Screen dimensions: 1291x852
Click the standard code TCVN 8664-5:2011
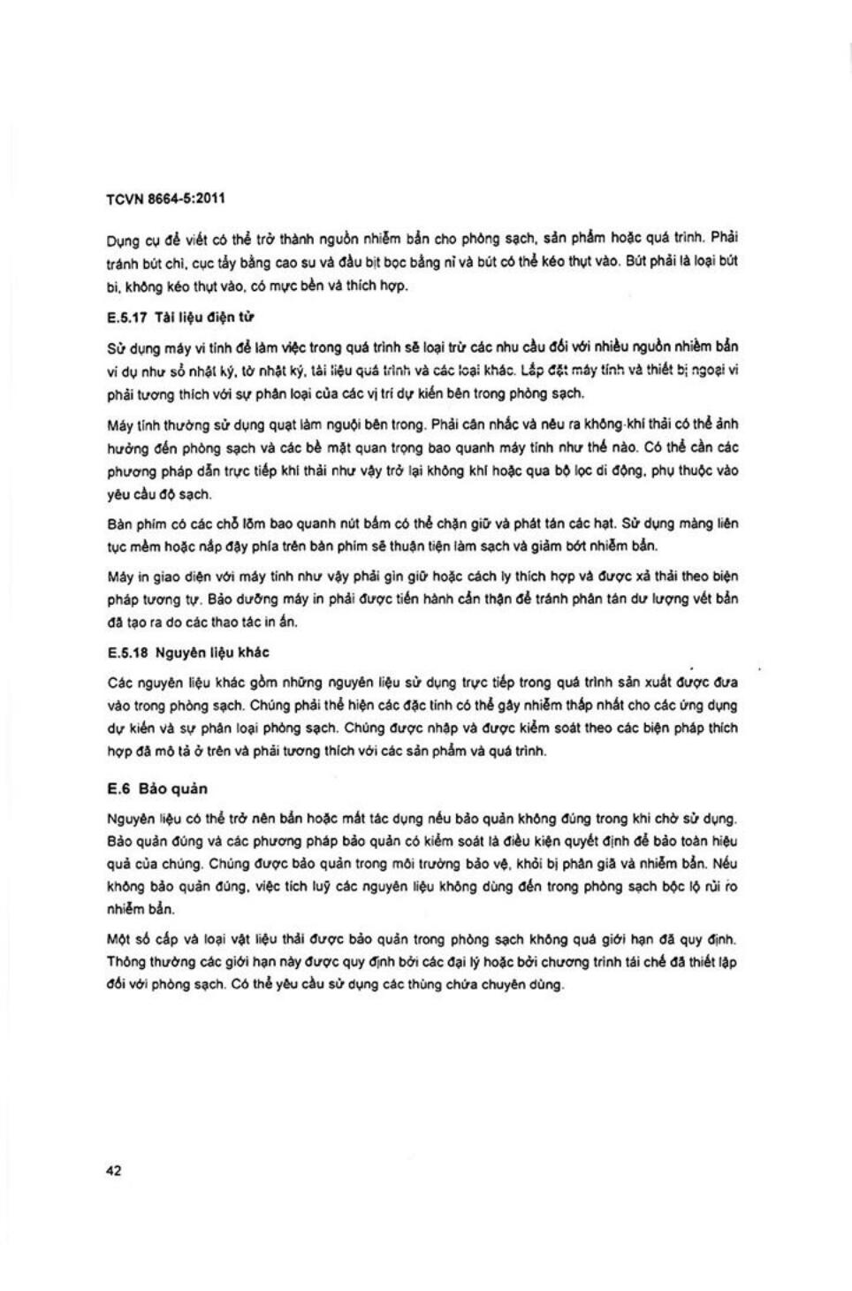pos(165,199)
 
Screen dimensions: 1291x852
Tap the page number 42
pos(113,1171)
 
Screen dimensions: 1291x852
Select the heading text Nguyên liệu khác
pos(212,653)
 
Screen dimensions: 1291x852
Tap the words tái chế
pos(647,961)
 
